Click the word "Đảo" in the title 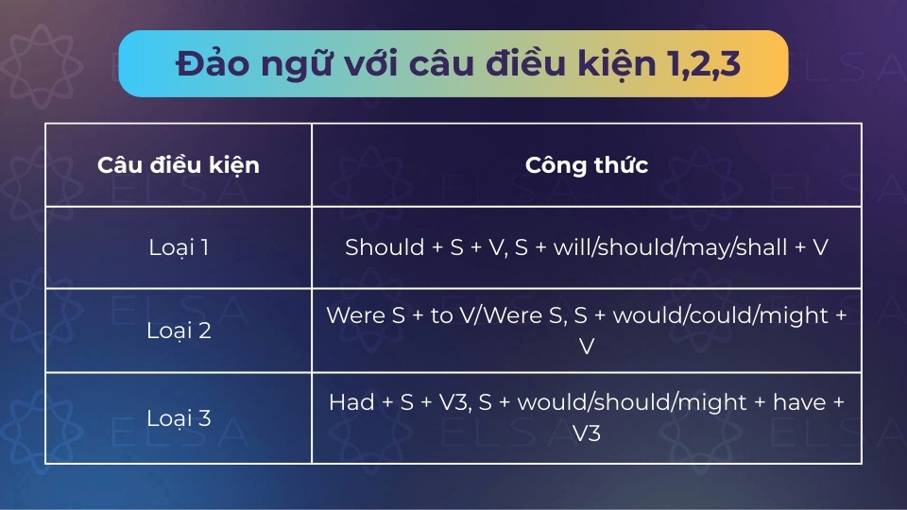(213, 62)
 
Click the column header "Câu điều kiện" (179, 165)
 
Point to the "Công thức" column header (587, 164)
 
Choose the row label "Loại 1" (179, 247)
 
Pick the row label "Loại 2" (179, 331)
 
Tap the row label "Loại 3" (179, 417)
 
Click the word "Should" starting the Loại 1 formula (385, 246)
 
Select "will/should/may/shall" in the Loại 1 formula (671, 247)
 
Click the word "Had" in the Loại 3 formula (351, 402)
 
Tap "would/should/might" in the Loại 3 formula (632, 402)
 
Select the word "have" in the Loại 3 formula (799, 402)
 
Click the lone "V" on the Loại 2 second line (587, 347)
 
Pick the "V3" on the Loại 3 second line (587, 433)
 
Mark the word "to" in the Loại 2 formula (441, 315)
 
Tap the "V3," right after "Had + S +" (454, 402)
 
